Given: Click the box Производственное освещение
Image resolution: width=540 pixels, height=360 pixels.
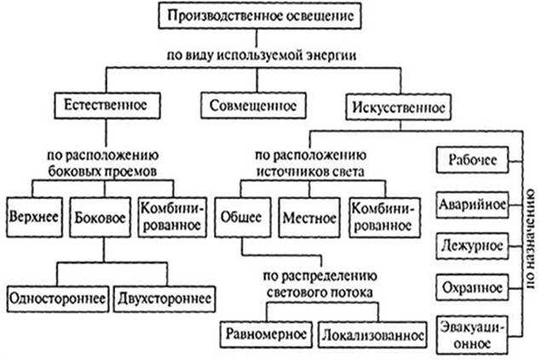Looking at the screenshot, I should coord(259,15).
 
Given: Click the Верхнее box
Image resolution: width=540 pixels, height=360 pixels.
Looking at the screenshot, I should coord(31,215).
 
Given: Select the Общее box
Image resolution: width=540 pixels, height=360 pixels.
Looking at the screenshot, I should coord(242,215).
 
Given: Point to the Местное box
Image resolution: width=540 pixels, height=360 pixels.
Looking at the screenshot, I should coord(309,215).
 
